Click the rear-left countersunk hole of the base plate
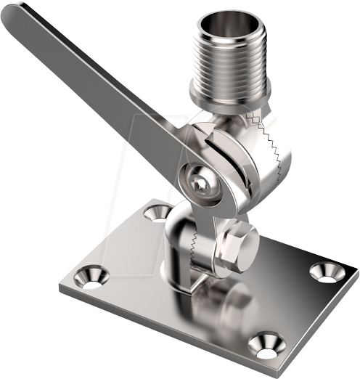(x=155, y=212)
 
